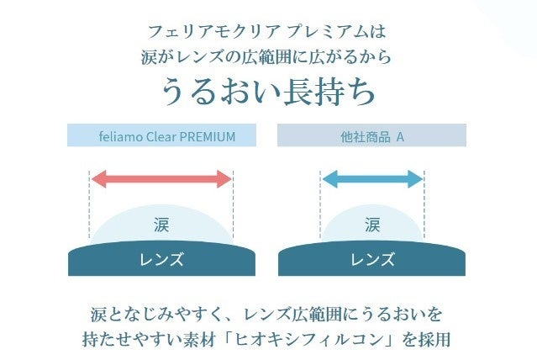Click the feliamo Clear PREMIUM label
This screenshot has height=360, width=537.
coord(161,136)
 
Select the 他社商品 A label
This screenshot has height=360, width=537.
coord(371,136)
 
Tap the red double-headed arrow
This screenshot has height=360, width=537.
coord(161,178)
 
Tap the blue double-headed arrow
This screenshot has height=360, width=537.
coord(371,178)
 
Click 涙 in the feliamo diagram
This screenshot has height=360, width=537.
coord(161,225)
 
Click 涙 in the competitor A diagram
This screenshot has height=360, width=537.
coord(371,225)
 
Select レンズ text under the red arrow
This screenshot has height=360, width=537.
coord(161,259)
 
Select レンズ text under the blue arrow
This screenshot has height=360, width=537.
coord(371,259)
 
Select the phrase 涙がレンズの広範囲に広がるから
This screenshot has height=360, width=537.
coord(268,59)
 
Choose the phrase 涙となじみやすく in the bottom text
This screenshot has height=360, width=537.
coord(152,315)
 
